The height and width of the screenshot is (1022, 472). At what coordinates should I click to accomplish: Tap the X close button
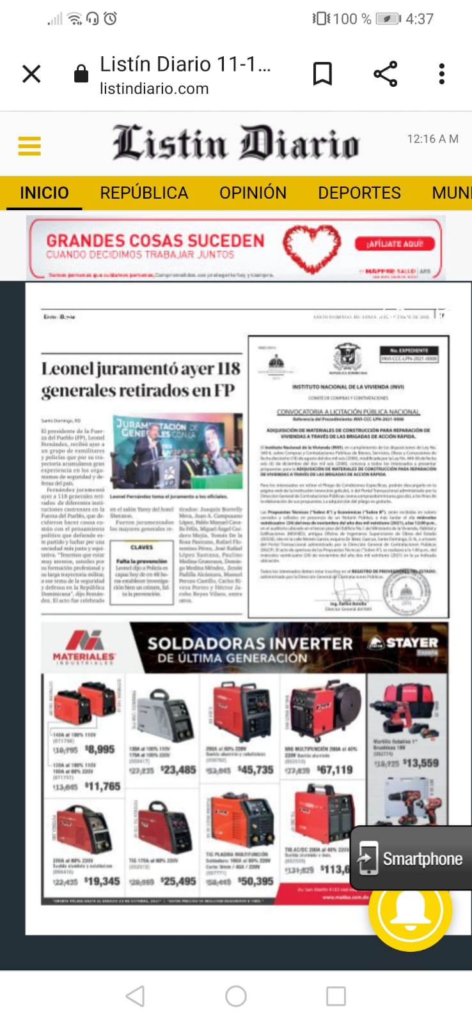31,74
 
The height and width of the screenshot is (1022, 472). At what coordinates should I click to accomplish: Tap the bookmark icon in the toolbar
322,74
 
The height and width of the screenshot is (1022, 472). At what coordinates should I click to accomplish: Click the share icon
385,74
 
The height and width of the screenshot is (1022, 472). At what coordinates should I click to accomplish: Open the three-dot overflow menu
441,74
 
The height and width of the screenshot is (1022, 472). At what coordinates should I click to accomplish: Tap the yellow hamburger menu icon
29,146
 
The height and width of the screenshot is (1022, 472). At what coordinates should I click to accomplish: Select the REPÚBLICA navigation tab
144,193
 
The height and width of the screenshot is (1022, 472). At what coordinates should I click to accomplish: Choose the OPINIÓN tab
253,193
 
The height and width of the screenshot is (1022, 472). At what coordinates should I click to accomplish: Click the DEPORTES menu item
359,193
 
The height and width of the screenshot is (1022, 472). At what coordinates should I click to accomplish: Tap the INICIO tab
44,193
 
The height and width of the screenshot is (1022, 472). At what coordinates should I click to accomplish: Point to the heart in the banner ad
312,247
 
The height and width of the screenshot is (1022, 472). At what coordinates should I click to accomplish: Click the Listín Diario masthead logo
235,143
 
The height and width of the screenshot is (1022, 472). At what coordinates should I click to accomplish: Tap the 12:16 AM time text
432,139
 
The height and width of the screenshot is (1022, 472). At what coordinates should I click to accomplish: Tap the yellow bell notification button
410,910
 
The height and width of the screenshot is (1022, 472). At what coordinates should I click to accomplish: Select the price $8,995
100,749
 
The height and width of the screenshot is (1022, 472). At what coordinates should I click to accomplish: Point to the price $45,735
256,770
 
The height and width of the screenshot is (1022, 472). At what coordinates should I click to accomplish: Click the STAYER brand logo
405,643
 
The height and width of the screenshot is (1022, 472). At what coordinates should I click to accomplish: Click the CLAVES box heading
141,547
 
